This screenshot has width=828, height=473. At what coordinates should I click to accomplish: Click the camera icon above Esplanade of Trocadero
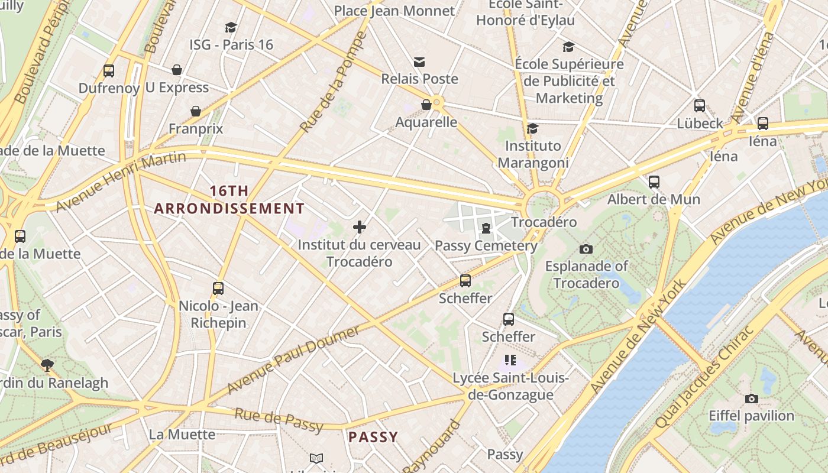[x=586, y=249]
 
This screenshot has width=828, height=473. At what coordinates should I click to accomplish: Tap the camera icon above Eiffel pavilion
[x=751, y=399]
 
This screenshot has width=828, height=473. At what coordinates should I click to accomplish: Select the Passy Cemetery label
[x=486, y=245]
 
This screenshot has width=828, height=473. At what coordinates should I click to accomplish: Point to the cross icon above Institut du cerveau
[x=359, y=227]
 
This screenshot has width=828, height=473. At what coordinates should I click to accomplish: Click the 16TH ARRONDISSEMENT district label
[x=229, y=200]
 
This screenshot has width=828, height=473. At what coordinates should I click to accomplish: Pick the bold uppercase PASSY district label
[x=373, y=437]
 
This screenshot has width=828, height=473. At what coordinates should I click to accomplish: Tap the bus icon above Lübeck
[x=700, y=106]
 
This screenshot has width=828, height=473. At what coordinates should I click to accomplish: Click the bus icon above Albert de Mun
[x=654, y=182]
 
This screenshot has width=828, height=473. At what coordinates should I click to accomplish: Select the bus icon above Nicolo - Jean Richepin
[x=218, y=289]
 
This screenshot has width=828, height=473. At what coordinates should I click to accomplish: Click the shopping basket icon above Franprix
[x=196, y=111]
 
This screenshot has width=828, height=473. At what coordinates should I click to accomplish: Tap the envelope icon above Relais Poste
[x=419, y=62]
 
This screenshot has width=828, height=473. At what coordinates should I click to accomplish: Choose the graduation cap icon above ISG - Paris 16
[x=231, y=27]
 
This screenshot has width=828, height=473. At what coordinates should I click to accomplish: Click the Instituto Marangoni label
[x=533, y=154]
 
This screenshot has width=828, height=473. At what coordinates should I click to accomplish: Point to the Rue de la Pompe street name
[x=334, y=83]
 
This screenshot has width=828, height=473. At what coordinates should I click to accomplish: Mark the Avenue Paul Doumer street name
[x=293, y=359]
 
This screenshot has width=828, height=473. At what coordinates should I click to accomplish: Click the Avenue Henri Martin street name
[x=121, y=181]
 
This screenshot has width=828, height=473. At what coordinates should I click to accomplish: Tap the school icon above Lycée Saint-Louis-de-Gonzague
[x=510, y=359]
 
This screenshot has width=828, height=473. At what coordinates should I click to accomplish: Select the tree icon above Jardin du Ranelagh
[x=47, y=365]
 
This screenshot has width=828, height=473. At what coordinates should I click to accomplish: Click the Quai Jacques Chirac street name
[x=704, y=377]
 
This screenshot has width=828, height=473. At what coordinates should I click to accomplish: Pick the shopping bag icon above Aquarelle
[x=426, y=105]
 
